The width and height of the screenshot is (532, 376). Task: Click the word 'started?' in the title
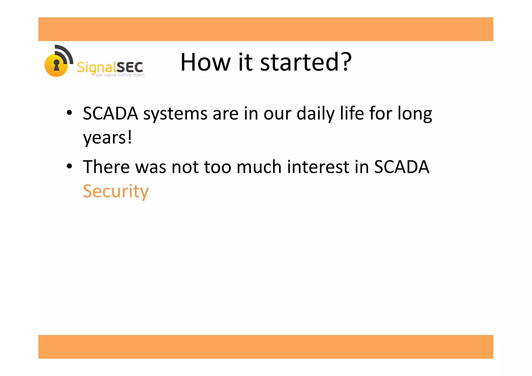coord(306,62)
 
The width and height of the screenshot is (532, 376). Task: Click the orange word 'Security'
coord(116,192)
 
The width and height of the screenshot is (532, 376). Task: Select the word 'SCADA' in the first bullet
coord(110,114)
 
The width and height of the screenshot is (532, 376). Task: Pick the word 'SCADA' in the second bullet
coord(401,167)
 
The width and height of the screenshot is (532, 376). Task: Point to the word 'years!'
coord(107,138)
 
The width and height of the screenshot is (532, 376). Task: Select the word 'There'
coord(106,167)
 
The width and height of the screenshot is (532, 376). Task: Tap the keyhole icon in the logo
coord(56,65)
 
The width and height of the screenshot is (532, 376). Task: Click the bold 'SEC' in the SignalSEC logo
coord(130,67)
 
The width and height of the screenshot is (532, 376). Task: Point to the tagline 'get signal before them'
coord(120,75)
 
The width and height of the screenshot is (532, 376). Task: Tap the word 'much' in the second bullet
coord(259,167)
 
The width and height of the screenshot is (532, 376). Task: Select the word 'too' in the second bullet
coord(217,167)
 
